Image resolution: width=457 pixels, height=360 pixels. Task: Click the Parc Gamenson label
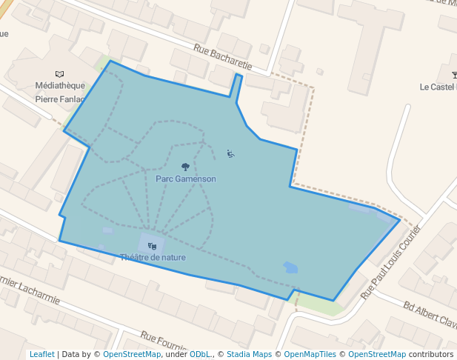coord(186,179)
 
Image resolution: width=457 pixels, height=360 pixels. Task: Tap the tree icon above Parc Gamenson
coord(185,167)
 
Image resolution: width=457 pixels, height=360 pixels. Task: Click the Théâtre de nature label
coord(153,257)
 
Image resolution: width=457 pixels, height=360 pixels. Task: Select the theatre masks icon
coord(152,246)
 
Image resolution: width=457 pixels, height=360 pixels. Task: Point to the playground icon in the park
coord(230,154)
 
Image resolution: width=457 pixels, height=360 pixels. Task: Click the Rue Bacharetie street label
coord(223,58)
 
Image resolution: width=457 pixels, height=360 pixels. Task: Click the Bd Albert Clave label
coord(430,314)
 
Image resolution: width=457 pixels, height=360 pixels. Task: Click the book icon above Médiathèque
coord(60,74)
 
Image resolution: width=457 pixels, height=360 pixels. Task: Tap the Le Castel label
coord(438,87)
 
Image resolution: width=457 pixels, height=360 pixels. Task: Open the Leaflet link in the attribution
coord(41,354)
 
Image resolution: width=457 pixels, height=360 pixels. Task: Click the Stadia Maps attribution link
coord(249,354)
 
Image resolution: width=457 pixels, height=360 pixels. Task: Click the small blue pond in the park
coord(290,267)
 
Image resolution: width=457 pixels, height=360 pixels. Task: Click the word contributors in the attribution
coord(431,354)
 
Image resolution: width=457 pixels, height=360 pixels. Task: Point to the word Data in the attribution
coord(70,354)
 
